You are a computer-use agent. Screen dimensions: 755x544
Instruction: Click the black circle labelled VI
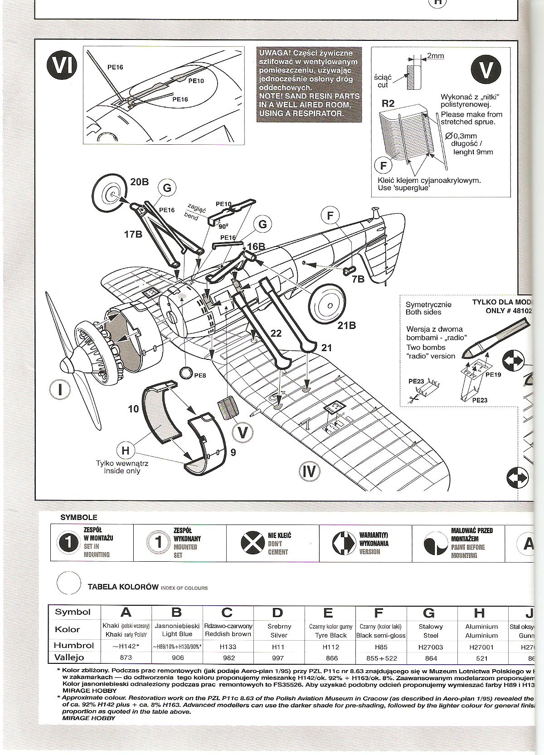pos(62,68)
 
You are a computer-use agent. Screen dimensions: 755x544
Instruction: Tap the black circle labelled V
pos(486,69)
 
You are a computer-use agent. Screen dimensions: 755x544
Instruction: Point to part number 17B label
pos(133,235)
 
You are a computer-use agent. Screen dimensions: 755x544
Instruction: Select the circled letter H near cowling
pos(126,451)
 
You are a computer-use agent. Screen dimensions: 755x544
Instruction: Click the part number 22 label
pos(276,333)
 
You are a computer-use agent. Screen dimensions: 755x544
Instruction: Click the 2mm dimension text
pos(435,56)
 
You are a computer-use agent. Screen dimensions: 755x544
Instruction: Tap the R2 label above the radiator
pos(388,103)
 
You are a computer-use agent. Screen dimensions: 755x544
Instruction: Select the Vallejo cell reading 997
pos(278,657)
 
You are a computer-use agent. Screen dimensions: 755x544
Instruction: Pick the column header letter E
pos(328,613)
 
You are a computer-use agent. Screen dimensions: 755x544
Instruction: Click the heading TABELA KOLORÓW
pos(123,587)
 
